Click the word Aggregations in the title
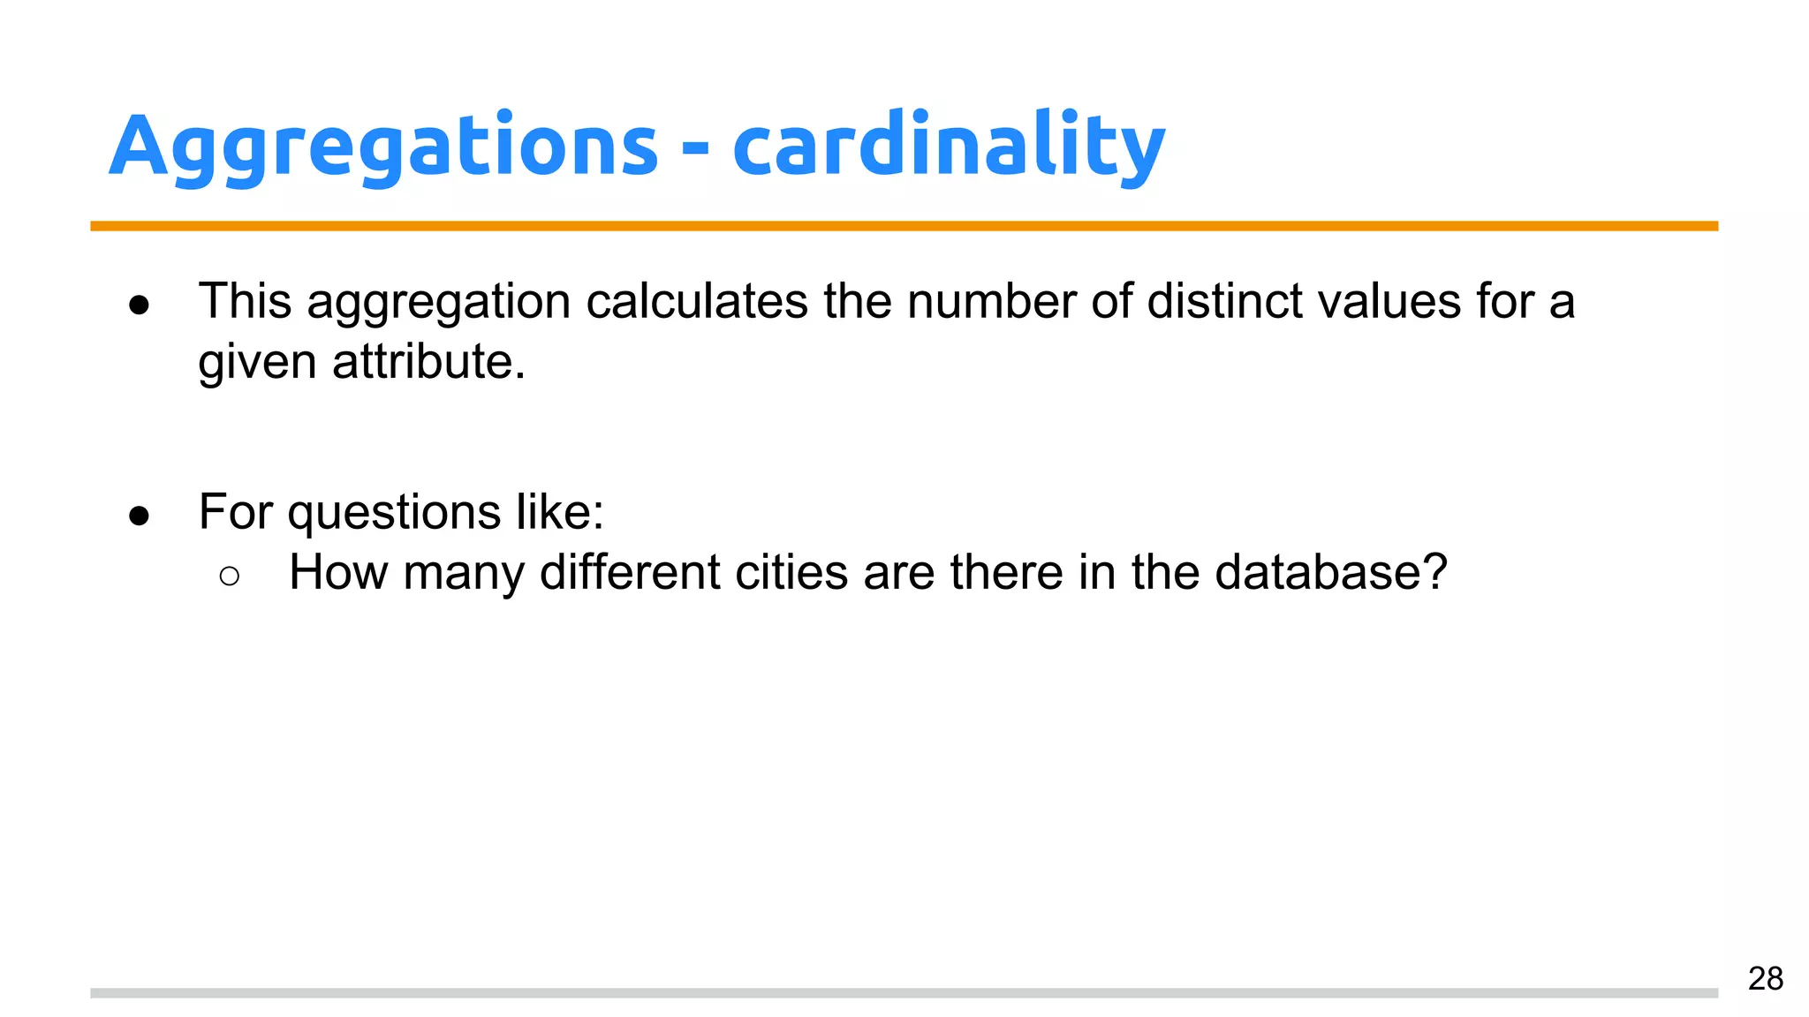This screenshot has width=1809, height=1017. [x=383, y=146]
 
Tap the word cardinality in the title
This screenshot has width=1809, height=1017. [x=949, y=146]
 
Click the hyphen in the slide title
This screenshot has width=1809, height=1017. [x=695, y=150]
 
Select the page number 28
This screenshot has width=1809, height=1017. [x=1765, y=978]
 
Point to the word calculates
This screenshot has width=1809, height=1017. [x=697, y=301]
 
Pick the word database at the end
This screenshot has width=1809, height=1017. [x=1330, y=572]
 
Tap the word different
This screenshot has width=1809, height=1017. [x=630, y=572]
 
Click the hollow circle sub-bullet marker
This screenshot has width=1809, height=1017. [x=229, y=576]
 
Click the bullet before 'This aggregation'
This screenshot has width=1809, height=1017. [x=139, y=305]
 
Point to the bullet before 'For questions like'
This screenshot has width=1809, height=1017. [x=139, y=516]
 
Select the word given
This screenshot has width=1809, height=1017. [x=256, y=363]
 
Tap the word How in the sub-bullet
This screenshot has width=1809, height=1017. [x=338, y=572]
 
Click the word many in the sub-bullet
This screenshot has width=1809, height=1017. [x=463, y=574]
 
